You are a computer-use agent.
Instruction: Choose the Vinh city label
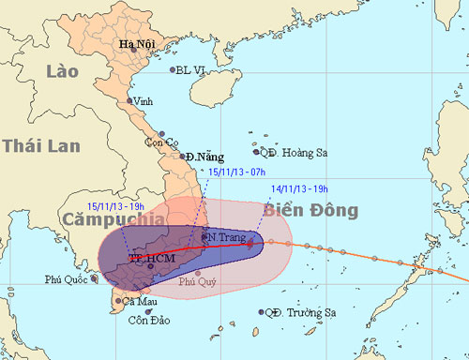click(x=143, y=100)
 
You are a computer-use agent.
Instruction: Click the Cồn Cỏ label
click(x=159, y=142)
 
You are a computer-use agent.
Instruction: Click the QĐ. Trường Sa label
click(x=292, y=312)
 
